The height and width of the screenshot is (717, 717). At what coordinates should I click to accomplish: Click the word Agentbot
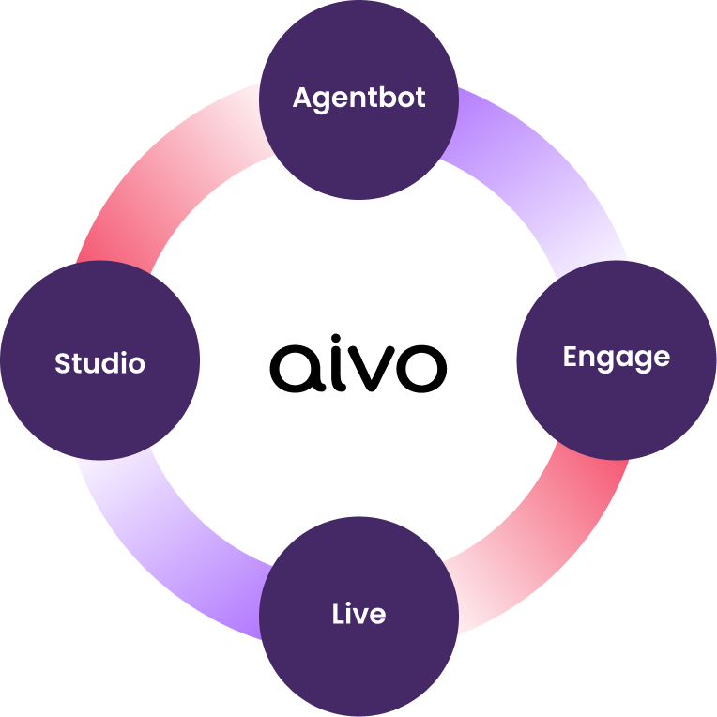358,98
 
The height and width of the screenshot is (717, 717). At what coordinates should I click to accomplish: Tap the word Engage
616,358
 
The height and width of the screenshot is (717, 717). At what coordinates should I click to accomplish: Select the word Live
358,615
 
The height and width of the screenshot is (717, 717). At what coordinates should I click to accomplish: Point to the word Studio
99,363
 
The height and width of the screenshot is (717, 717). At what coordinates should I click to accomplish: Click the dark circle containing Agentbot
358,141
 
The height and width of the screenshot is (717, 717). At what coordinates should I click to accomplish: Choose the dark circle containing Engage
616,404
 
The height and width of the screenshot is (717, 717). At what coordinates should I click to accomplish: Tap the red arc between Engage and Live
554,544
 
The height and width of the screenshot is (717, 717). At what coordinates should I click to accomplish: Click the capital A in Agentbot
302,98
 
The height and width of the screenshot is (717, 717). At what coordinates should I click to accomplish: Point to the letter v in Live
360,617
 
